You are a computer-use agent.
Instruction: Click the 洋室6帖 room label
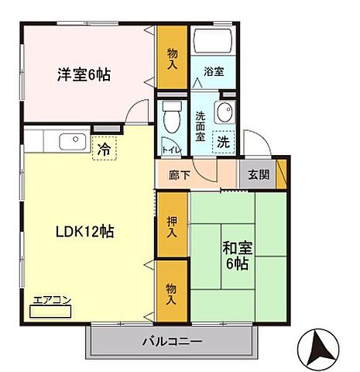[x=83, y=75]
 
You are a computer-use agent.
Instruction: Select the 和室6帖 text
[x=237, y=257]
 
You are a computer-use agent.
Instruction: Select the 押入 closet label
[x=172, y=226]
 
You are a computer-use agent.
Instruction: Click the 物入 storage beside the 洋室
[x=172, y=58]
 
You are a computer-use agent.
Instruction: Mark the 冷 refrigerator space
[x=102, y=147]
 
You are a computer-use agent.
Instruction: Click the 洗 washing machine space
[x=222, y=142]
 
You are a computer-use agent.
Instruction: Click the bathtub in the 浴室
[x=211, y=42]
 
